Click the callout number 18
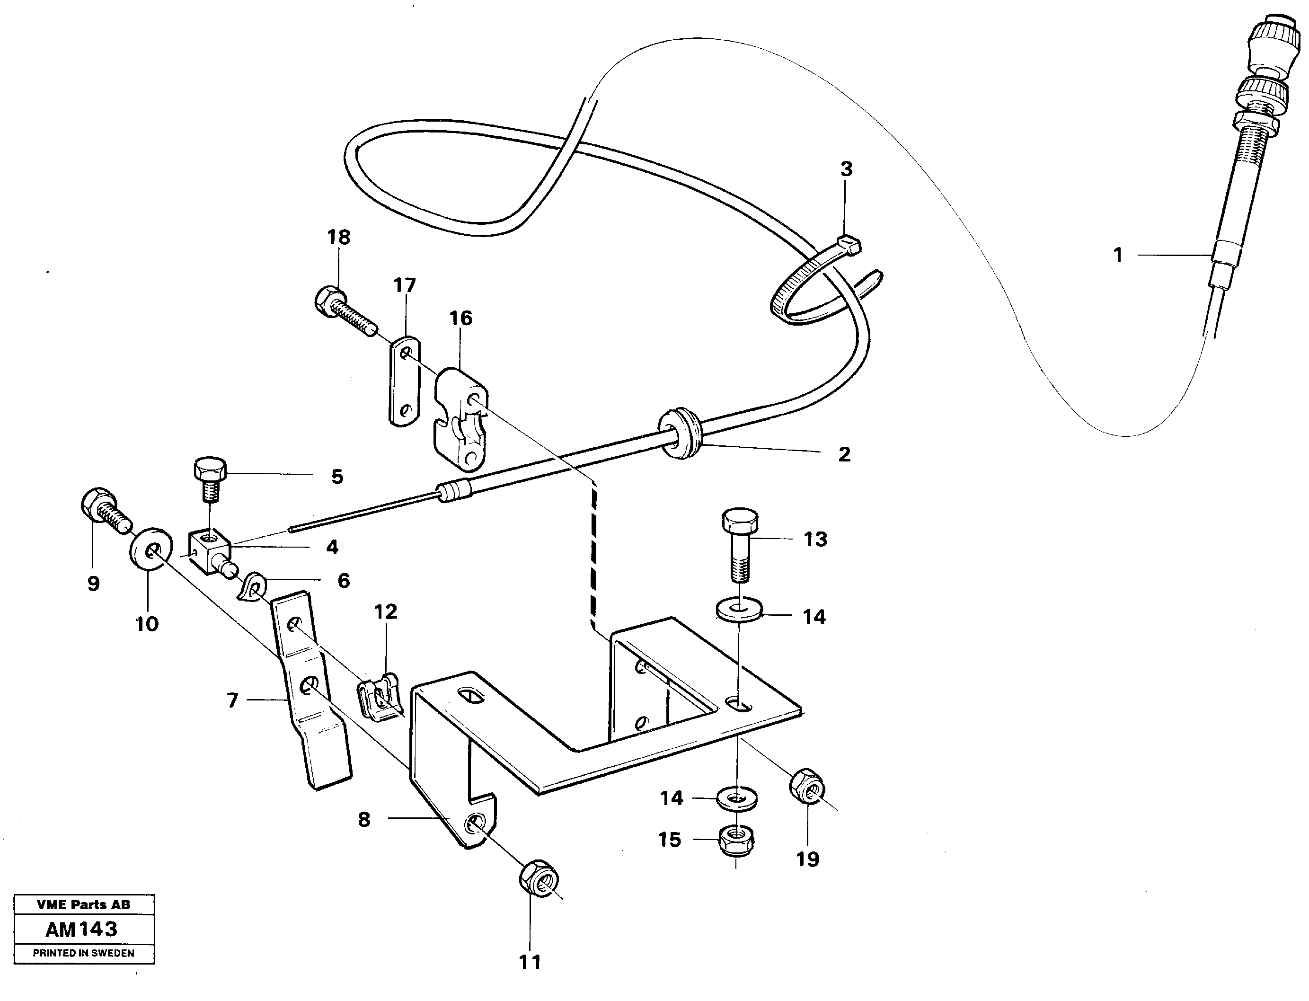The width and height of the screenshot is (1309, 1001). pyautogui.click(x=338, y=237)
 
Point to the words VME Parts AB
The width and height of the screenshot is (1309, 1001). pyautogui.click(x=83, y=904)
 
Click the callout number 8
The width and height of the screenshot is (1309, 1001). pyautogui.click(x=363, y=819)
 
